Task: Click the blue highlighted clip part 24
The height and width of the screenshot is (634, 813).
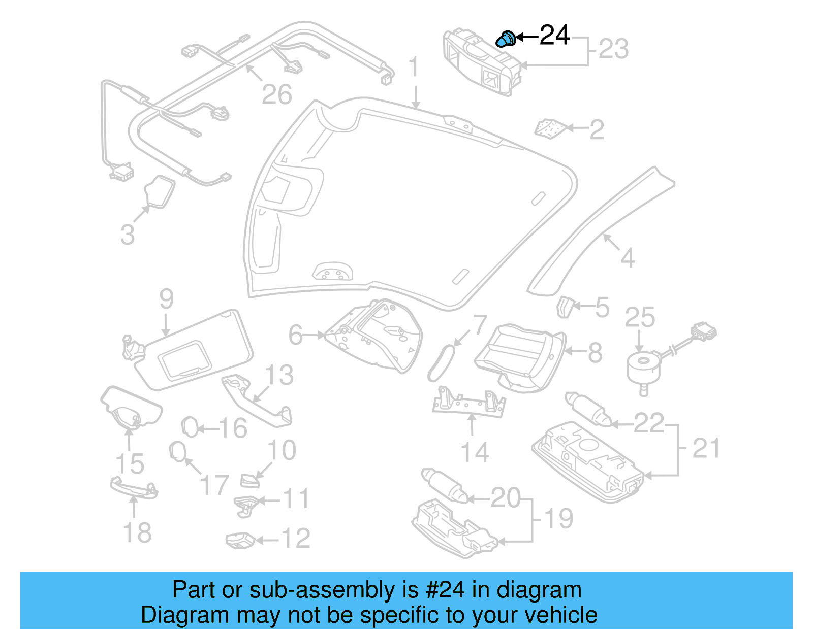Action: pos(506,39)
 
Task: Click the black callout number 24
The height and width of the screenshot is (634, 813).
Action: pos(554,36)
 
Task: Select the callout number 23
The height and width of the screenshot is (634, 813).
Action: pos(613,49)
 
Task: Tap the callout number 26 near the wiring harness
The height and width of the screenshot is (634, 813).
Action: pos(276,94)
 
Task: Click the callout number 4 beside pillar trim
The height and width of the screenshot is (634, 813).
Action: pos(628,258)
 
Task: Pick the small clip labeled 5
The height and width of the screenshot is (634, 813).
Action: pos(564,307)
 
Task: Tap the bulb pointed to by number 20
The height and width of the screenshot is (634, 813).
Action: pos(444,485)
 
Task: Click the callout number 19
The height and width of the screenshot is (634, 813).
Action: pos(558,519)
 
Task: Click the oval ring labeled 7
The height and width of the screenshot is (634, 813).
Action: pos(440,363)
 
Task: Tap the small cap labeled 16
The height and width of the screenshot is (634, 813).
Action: pos(190,427)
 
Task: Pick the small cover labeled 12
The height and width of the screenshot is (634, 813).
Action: pos(240,540)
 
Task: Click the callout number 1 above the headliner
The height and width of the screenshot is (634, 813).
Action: pos(414,67)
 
